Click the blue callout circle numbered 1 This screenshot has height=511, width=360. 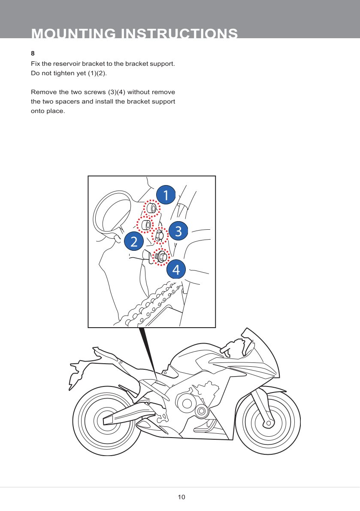(166, 195)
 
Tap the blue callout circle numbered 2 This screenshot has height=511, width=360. (134, 242)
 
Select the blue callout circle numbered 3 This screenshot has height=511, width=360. (178, 231)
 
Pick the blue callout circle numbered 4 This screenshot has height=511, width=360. (176, 270)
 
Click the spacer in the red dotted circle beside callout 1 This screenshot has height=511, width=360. (151, 209)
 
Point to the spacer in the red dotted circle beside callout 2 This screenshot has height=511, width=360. (145, 225)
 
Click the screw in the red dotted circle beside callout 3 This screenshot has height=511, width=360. (159, 235)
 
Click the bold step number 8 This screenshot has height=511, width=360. (33, 54)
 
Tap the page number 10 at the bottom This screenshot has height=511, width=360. (182, 497)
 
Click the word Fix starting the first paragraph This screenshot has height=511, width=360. (36, 64)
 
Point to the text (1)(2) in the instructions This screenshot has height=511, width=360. (97, 73)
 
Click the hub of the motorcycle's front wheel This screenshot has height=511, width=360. (268, 423)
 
